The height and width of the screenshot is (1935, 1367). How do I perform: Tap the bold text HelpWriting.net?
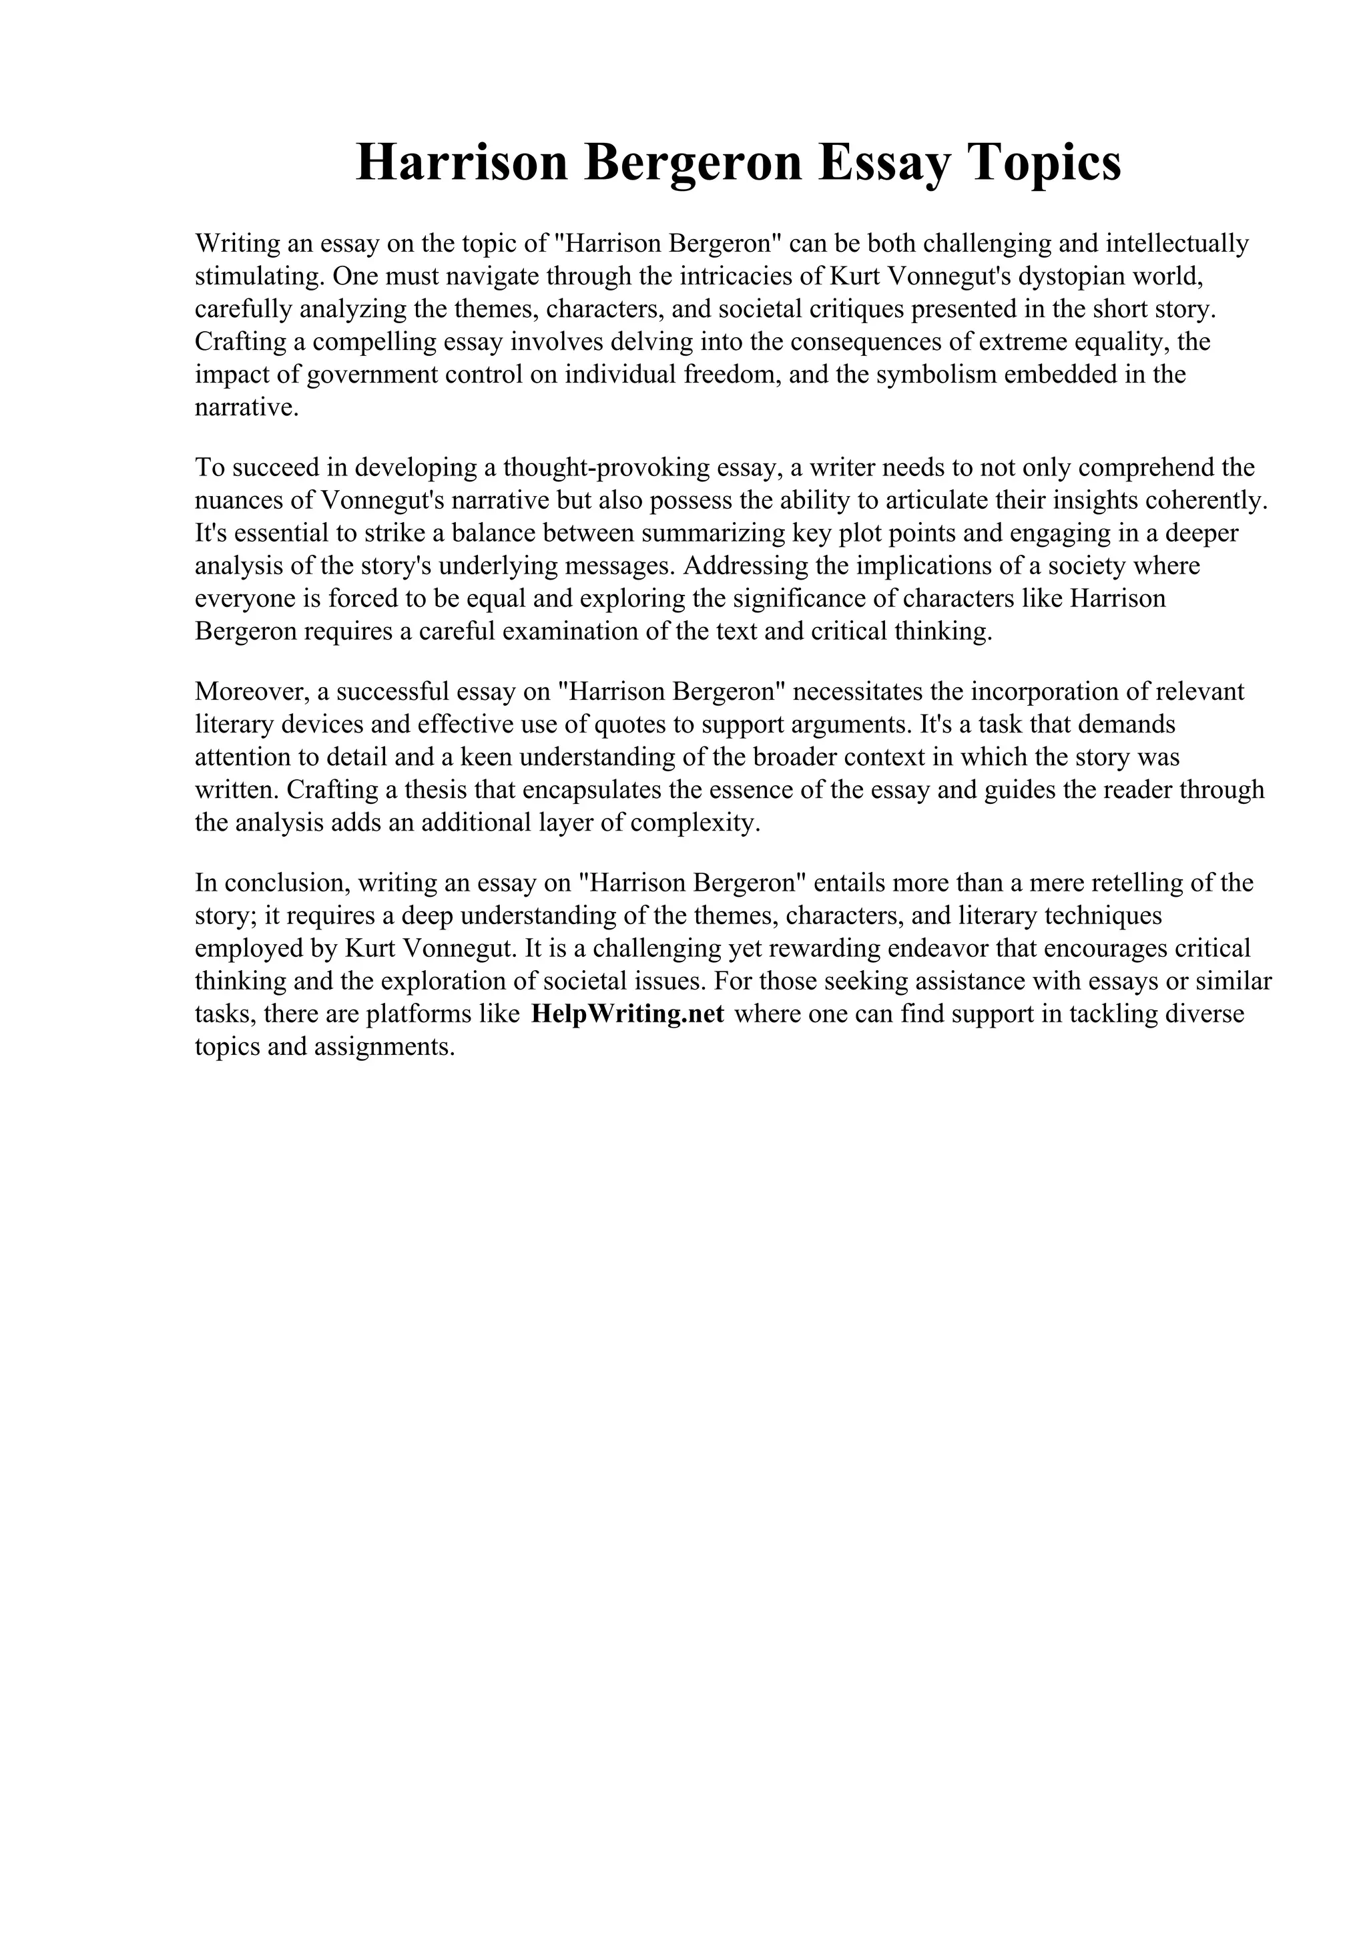(x=627, y=1014)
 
